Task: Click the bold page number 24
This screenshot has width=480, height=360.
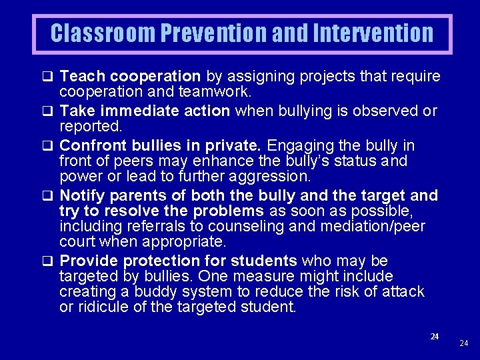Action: tap(434, 337)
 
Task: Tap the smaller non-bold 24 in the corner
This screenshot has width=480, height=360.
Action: tap(464, 343)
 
